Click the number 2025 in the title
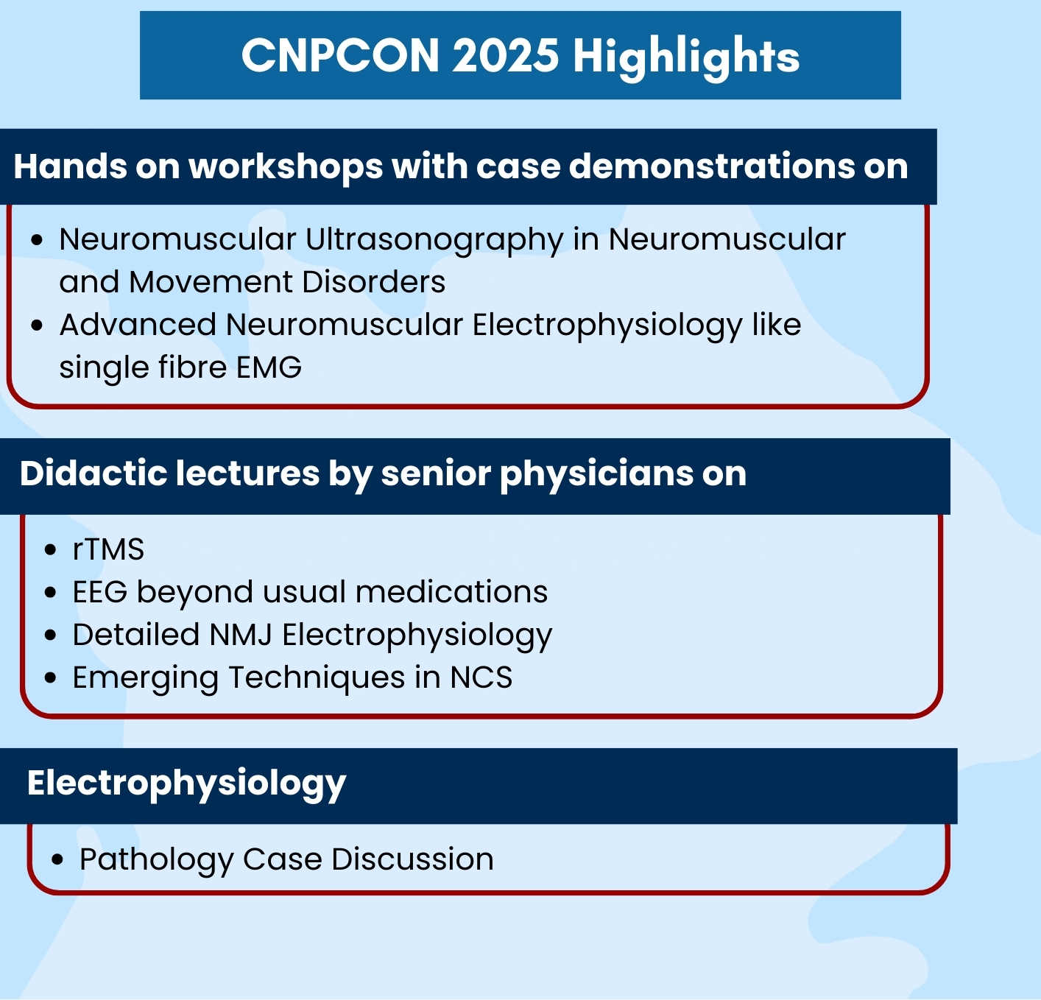click(506, 55)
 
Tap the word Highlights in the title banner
click(686, 57)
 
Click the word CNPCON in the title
click(340, 55)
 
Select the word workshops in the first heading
click(286, 167)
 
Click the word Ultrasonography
click(434, 240)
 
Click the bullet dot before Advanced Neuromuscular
click(37, 325)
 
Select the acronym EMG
click(269, 367)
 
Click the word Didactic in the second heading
click(93, 473)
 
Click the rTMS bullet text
click(109, 549)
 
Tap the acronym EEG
click(100, 592)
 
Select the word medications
click(451, 592)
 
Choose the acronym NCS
click(481, 677)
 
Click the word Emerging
click(146, 678)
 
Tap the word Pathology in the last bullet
click(156, 860)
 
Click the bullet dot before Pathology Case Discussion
click(57, 860)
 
